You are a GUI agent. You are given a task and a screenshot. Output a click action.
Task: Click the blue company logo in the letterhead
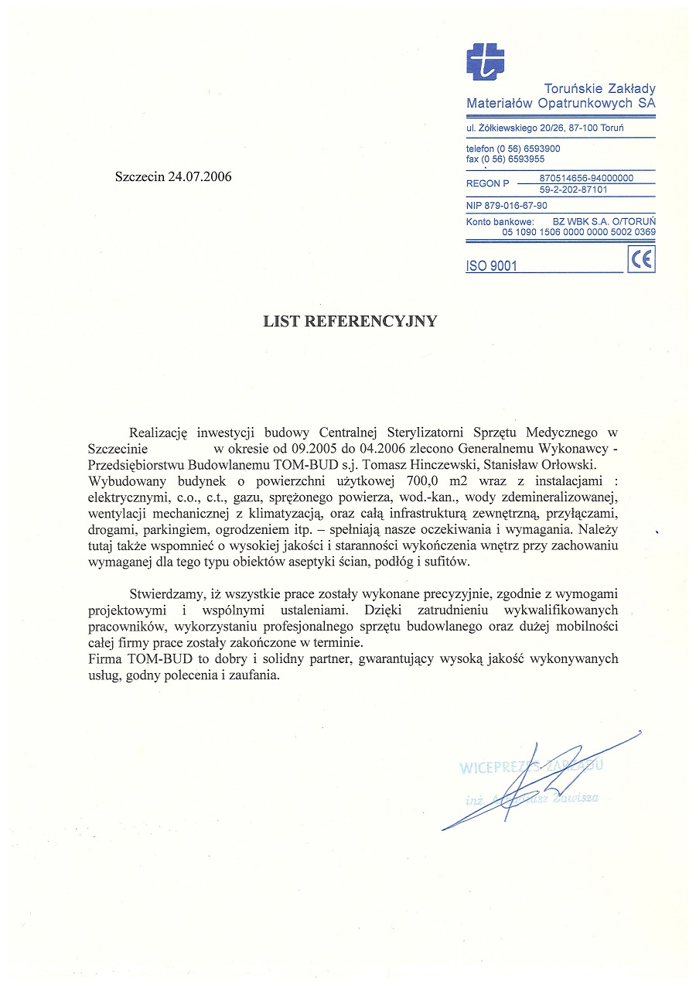[485, 62]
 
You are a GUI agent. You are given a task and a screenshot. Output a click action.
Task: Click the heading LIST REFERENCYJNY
[350, 321]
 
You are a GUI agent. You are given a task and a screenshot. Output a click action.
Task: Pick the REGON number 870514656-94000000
[585, 178]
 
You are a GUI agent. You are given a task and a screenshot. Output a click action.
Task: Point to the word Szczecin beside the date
[139, 176]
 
